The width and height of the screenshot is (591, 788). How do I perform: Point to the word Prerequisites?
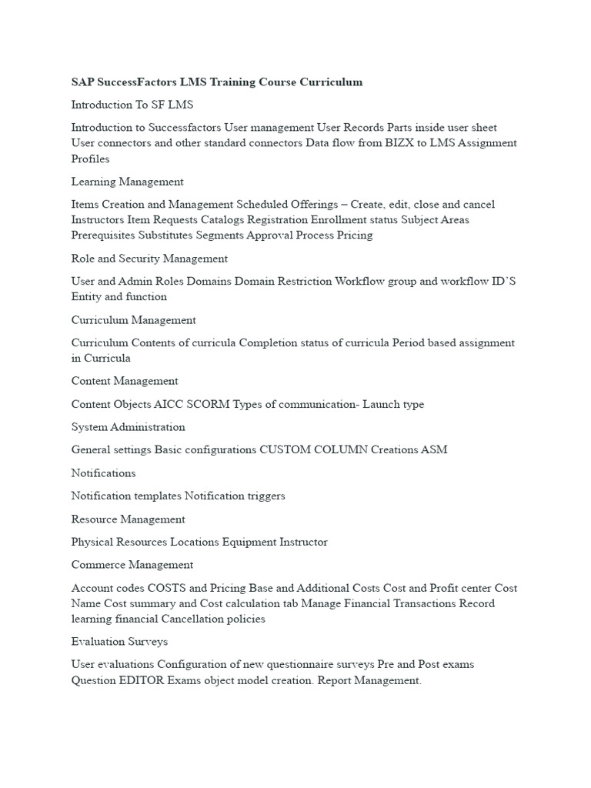coord(102,235)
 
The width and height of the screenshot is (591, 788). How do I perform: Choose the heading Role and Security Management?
coord(149,259)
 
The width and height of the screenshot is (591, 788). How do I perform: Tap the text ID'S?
coord(504,282)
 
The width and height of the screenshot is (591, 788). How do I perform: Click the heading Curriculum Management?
coord(133,320)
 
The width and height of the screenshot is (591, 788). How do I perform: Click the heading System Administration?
coord(128,427)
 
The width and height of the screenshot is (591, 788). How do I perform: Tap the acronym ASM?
coord(435,450)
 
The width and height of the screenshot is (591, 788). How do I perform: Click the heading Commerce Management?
coord(132,566)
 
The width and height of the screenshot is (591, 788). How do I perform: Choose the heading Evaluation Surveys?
coord(119,642)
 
